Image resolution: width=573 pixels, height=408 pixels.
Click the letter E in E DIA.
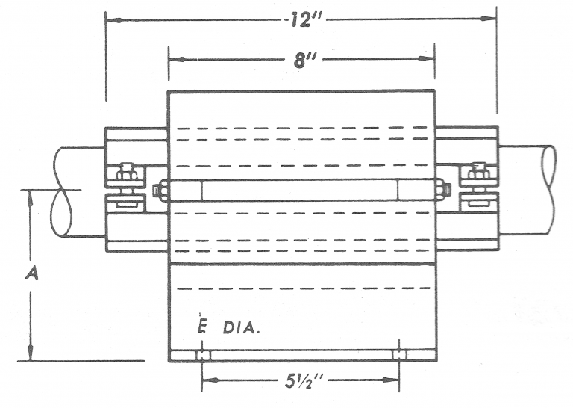[x=202, y=328]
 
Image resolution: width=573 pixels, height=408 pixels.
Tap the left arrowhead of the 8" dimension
[x=175, y=58]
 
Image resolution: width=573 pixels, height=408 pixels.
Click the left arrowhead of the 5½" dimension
[x=207, y=380]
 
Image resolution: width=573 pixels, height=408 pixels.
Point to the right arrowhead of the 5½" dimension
[x=394, y=380]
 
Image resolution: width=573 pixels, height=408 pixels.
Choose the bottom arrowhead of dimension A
[x=31, y=356]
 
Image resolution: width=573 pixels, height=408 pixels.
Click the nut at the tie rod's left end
[x=158, y=191]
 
